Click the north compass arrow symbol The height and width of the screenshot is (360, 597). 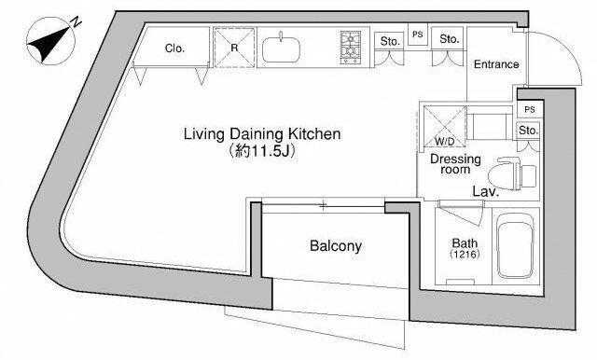tap(50, 43)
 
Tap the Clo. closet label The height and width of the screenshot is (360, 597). tap(174, 48)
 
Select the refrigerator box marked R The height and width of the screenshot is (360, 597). tap(234, 48)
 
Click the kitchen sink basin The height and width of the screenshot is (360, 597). tap(282, 49)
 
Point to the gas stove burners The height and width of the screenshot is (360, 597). tap(351, 48)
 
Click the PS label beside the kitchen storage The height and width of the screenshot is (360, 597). tap(418, 35)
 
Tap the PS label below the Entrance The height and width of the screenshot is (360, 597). tap(530, 110)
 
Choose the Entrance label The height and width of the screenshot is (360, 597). tap(496, 64)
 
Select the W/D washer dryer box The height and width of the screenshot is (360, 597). tap(445, 126)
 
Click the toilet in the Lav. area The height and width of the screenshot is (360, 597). tap(512, 173)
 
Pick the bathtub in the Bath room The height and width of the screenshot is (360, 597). tap(516, 246)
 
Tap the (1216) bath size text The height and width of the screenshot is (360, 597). tap(465, 254)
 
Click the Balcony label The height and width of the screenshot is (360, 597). tap(336, 246)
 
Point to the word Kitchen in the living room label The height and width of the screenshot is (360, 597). tap(314, 134)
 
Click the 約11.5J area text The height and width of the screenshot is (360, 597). tap(262, 151)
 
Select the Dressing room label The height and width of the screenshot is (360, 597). tap(455, 163)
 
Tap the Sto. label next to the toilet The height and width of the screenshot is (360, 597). tap(528, 131)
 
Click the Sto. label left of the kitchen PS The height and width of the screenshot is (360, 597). tap(390, 41)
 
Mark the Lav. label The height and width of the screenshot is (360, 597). tap(485, 191)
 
